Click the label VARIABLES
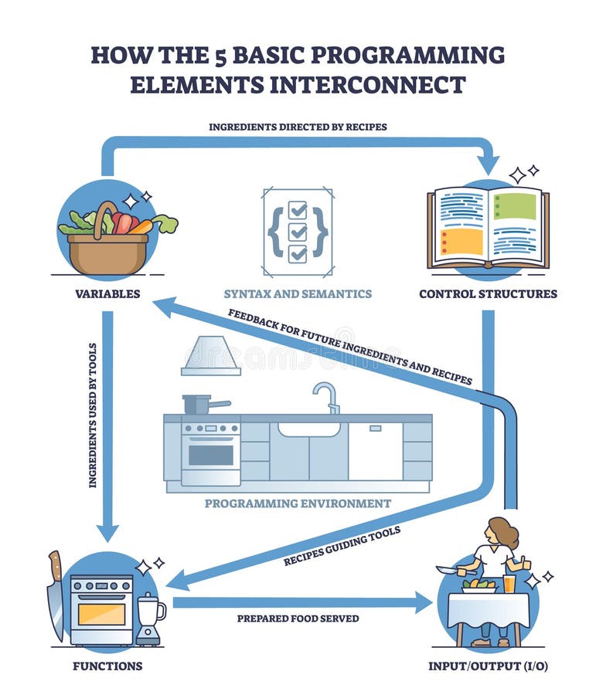(x=107, y=293)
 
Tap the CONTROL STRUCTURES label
(x=488, y=293)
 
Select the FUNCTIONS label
(x=107, y=666)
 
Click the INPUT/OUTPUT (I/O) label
(x=488, y=666)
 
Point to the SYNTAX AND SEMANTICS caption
(x=298, y=293)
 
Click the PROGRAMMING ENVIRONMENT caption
(x=298, y=503)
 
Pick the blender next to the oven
(x=150, y=618)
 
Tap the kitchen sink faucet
(x=328, y=396)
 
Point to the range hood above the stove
(x=211, y=356)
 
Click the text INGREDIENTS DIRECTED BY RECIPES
(x=298, y=126)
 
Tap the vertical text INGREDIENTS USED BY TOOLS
(x=93, y=415)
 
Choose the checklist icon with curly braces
(x=298, y=231)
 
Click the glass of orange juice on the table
(x=509, y=582)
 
